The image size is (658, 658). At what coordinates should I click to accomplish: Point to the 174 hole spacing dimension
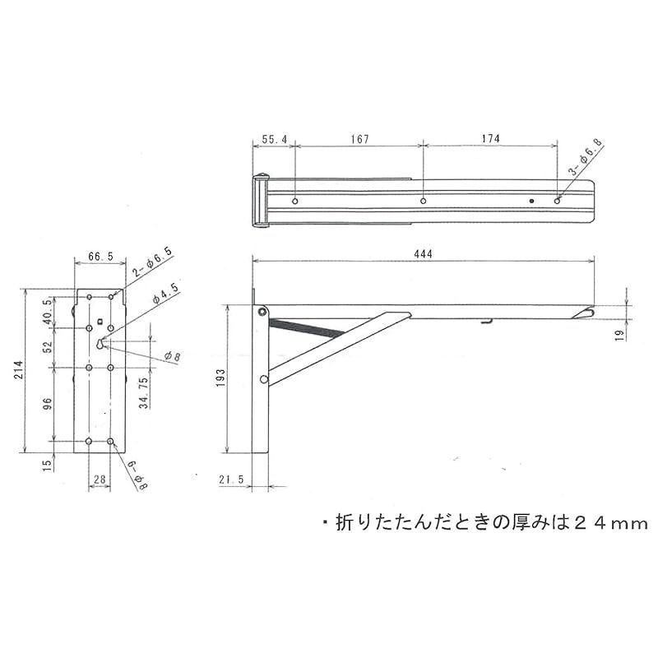pyautogui.click(x=490, y=140)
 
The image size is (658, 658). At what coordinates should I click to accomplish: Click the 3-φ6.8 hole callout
pyautogui.click(x=586, y=159)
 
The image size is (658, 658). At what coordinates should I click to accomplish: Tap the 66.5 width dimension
pyautogui.click(x=100, y=257)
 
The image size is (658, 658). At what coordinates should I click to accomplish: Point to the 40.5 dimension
pyautogui.click(x=47, y=313)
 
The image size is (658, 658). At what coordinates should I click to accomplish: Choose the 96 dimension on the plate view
pyautogui.click(x=47, y=404)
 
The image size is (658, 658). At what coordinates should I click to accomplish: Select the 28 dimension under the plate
pyautogui.click(x=100, y=479)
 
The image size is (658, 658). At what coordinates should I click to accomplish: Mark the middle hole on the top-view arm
pyautogui.click(x=423, y=201)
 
